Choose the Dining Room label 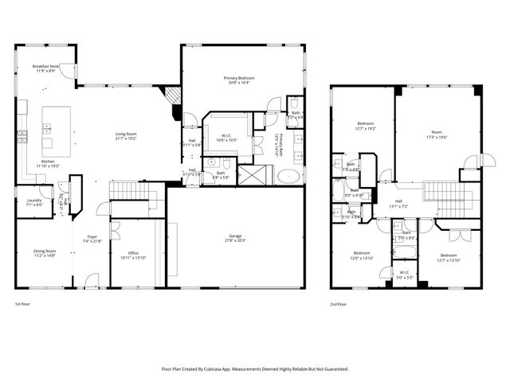point(45,251)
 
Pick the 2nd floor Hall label point(398,202)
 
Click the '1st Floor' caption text point(23,304)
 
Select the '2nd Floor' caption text point(339,304)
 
